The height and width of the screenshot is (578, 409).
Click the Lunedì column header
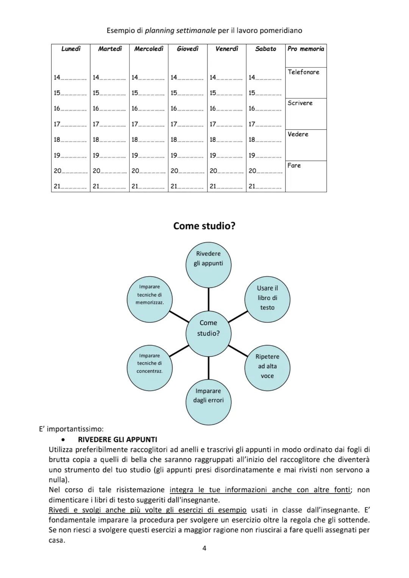coord(71,49)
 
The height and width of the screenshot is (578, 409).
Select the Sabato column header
coord(265,49)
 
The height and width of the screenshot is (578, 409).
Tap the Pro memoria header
coord(306,49)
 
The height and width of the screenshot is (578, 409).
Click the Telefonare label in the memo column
coord(303,72)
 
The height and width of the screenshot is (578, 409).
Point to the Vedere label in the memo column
coord(298,134)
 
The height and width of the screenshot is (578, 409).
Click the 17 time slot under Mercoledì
coord(148,124)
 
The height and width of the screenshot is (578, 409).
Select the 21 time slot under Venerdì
coord(226,186)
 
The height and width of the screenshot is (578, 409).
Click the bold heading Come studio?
coord(204,226)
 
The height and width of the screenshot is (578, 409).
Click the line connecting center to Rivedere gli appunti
coord(208,299)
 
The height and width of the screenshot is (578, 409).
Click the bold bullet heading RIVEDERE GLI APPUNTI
coord(117,440)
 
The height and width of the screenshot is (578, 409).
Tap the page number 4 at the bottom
coord(204,548)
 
